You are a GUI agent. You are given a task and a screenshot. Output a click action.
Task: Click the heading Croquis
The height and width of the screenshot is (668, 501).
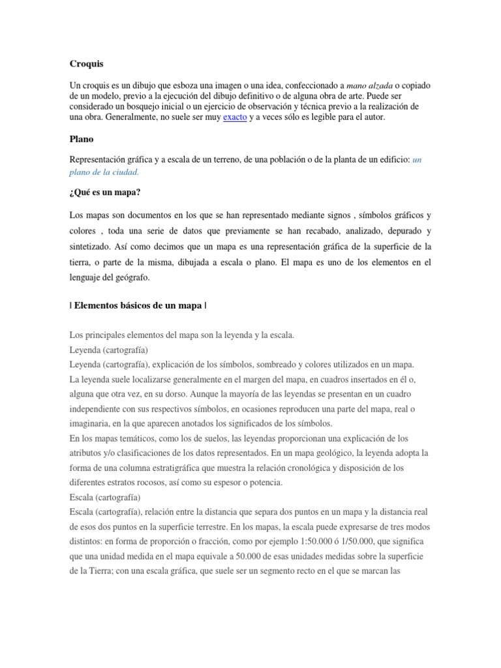[x=86, y=64]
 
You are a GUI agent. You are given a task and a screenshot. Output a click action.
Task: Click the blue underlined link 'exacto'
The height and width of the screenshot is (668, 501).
[x=235, y=117]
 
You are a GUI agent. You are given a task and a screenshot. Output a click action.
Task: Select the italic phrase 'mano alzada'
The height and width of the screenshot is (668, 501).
[x=369, y=86]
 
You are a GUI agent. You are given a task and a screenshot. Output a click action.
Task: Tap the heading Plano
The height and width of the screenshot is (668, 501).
[x=81, y=139]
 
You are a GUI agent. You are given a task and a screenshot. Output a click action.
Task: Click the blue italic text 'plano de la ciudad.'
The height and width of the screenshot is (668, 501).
[x=104, y=172]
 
